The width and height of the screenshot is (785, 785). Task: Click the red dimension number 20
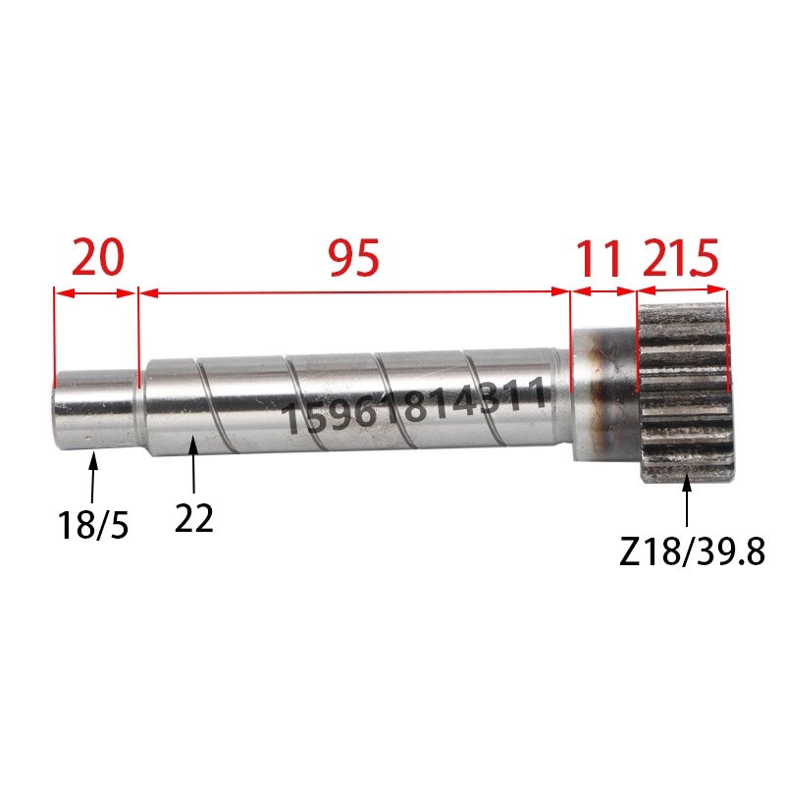point(98,258)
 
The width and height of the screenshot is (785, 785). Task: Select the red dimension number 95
point(353,258)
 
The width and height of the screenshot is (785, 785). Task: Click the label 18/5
point(94,524)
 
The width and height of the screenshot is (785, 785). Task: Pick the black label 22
point(194,518)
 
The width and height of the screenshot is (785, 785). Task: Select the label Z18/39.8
point(692,552)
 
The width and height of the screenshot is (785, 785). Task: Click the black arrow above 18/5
point(94,476)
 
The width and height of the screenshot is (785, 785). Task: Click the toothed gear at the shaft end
point(686,392)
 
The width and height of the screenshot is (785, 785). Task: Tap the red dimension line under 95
point(354,291)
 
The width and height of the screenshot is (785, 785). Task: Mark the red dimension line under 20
point(94,291)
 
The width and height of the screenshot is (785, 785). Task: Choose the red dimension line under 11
point(603,291)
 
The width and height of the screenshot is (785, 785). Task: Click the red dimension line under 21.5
point(682,290)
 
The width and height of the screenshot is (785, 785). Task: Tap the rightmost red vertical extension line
point(729,334)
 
